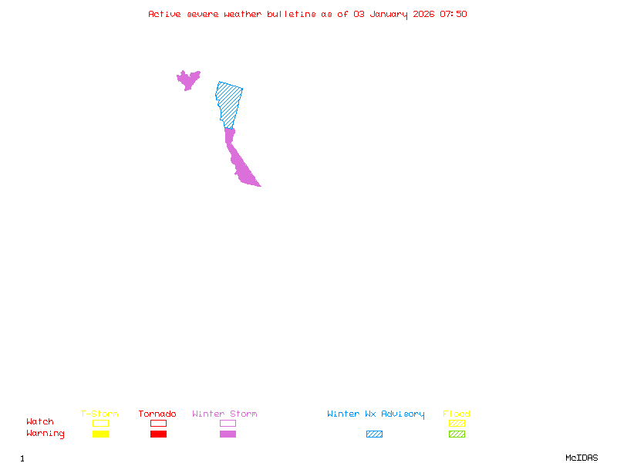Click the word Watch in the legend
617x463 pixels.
click(x=40, y=422)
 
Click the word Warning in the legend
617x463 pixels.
click(x=46, y=434)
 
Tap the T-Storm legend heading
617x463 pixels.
click(x=99, y=414)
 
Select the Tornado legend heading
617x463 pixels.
click(x=157, y=414)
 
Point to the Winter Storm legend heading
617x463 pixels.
click(x=224, y=414)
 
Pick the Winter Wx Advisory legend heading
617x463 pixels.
click(x=376, y=414)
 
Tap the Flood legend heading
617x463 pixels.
click(x=457, y=414)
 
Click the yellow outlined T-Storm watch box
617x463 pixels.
click(x=100, y=423)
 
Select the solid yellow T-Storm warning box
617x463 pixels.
click(x=100, y=434)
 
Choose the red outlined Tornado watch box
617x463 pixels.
click(x=158, y=423)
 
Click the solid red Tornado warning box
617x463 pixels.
click(x=158, y=434)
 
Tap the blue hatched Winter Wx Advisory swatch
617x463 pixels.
click(x=374, y=434)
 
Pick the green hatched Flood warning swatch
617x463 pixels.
click(x=457, y=434)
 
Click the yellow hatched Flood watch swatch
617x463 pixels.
click(x=457, y=423)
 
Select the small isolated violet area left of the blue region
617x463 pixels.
click(x=187, y=79)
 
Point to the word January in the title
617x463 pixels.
click(x=385, y=14)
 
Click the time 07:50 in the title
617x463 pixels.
click(x=453, y=14)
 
